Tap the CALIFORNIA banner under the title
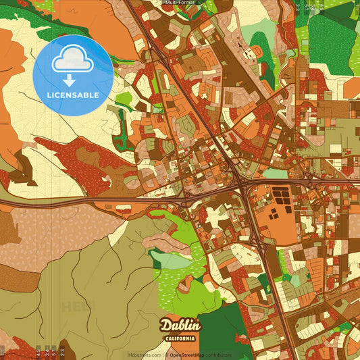(180, 338)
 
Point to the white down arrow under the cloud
(69, 80)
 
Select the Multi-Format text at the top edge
(180, 3)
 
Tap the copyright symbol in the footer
(166, 355)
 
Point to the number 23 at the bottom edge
(62, 351)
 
